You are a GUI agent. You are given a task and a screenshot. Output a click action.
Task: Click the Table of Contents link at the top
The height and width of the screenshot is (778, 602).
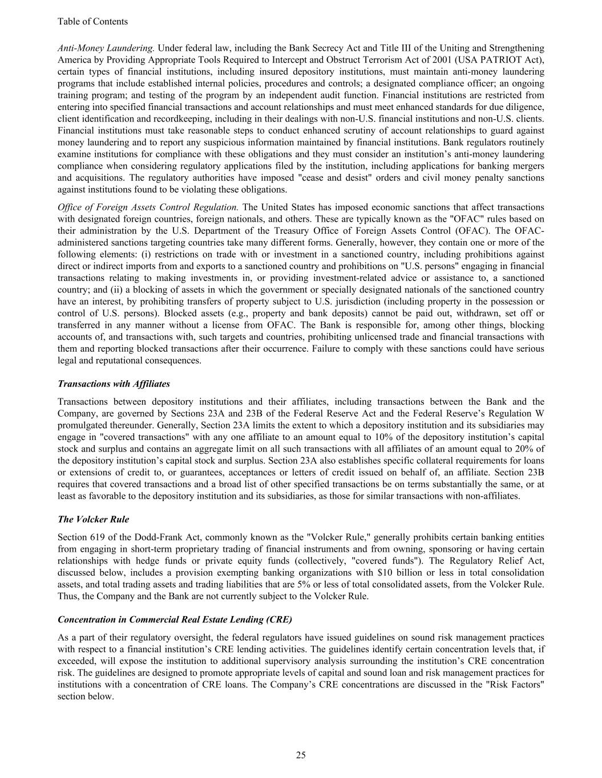pos(92,22)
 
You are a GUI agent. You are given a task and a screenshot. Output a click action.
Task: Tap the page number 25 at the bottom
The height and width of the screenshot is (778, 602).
pos(301,755)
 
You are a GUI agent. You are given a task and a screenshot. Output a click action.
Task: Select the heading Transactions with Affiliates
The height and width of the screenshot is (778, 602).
pos(114,384)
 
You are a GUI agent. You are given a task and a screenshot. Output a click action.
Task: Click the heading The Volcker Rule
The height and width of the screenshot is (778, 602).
pos(93,519)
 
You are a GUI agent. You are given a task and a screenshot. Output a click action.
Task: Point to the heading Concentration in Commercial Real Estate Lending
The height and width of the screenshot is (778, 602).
pos(175,620)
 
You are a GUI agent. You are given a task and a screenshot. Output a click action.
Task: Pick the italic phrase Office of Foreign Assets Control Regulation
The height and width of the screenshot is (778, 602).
pos(148,207)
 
